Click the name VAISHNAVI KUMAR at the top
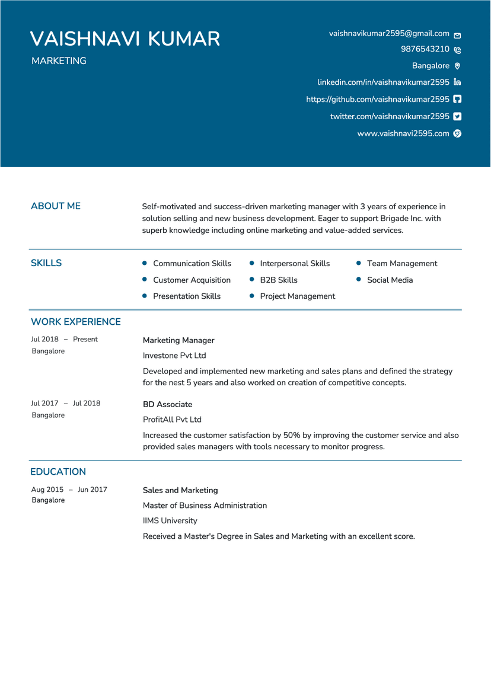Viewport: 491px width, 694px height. click(x=125, y=39)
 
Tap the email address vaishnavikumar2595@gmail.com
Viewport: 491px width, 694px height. click(x=389, y=34)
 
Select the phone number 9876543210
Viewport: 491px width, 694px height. click(x=425, y=49)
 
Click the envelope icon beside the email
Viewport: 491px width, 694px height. click(x=457, y=35)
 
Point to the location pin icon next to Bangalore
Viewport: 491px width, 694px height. click(x=457, y=66)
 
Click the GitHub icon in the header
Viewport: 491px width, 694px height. click(x=457, y=100)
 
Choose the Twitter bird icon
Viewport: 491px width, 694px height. click(x=457, y=117)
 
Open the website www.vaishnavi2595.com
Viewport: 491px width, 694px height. click(x=403, y=133)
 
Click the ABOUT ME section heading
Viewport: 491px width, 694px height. click(x=56, y=206)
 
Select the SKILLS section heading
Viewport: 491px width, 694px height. click(x=46, y=263)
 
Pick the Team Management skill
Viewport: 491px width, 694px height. click(x=402, y=264)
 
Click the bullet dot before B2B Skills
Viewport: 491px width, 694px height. click(x=252, y=280)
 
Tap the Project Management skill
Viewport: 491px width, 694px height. click(x=297, y=296)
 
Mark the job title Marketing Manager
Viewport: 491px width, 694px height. click(x=178, y=341)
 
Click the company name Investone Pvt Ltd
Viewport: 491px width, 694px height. click(x=174, y=356)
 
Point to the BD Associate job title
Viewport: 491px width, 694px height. click(x=167, y=405)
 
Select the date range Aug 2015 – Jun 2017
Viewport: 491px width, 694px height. click(x=69, y=490)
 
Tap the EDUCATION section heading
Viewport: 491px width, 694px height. click(x=58, y=472)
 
